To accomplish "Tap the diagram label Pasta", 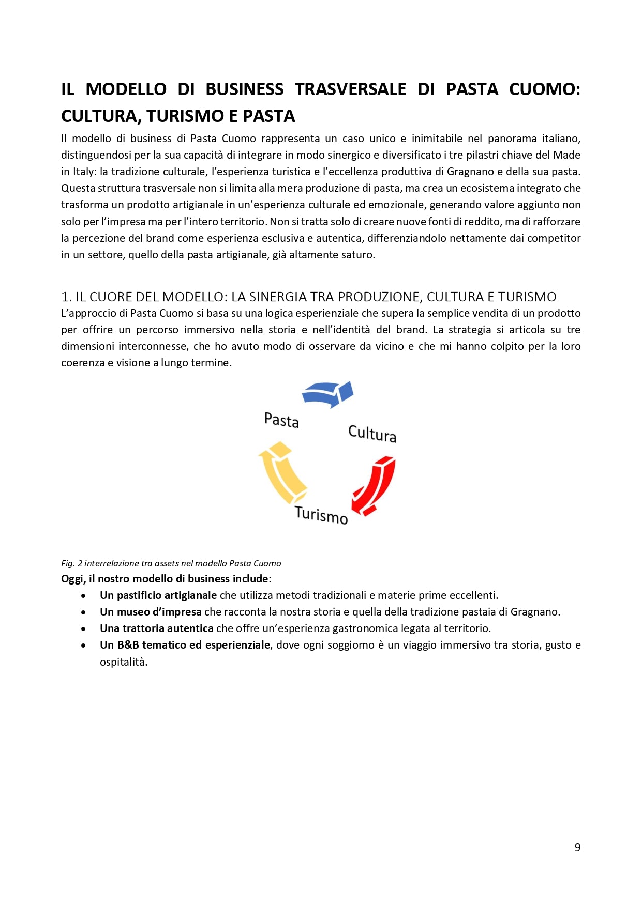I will [281, 420].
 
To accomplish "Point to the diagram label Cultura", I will [372, 434].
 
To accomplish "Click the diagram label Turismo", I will [321, 515].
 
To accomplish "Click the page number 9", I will [577, 848].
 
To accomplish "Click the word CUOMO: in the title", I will [544, 89].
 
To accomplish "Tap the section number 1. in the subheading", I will [66, 297].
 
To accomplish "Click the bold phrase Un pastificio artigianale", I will [158, 595].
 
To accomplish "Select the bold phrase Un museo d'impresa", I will [151, 612].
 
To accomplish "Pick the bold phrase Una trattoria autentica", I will [156, 628].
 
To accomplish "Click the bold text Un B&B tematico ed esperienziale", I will [185, 645].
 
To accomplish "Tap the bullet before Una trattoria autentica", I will [83, 629].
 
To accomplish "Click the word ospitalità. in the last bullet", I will [124, 662].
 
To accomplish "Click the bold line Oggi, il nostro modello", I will [166, 579].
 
